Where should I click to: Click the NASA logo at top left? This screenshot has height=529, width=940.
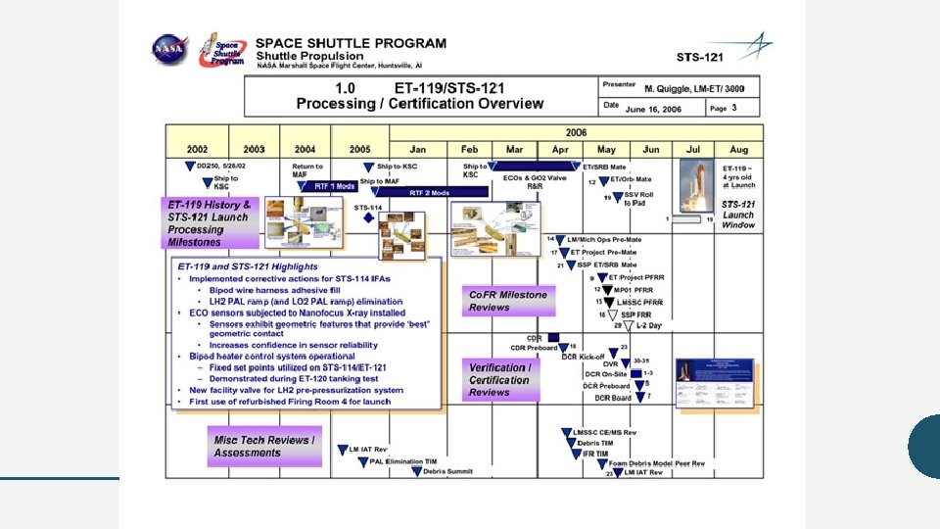[x=169, y=51]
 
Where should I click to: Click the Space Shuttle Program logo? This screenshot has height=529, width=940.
[x=222, y=51]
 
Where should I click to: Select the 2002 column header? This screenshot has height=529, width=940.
[x=198, y=149]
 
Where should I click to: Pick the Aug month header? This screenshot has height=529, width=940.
[x=739, y=149]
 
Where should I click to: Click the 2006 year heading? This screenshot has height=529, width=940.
[x=576, y=131]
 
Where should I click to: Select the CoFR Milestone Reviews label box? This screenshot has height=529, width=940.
[x=509, y=301]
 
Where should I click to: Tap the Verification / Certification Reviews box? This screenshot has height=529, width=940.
[x=502, y=380]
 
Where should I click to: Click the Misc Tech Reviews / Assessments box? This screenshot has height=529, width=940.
[x=264, y=447]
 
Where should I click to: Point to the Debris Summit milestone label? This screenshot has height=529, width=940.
[x=447, y=471]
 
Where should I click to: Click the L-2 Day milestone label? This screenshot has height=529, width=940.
[x=648, y=325]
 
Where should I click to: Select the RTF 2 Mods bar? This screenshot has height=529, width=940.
[x=429, y=193]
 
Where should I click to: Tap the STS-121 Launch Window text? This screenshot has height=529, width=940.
[x=738, y=215]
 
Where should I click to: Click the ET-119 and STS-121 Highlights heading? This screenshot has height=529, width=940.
[x=247, y=266]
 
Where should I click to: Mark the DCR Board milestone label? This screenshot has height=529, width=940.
[x=612, y=398]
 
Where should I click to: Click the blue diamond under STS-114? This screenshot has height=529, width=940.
[x=368, y=217]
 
